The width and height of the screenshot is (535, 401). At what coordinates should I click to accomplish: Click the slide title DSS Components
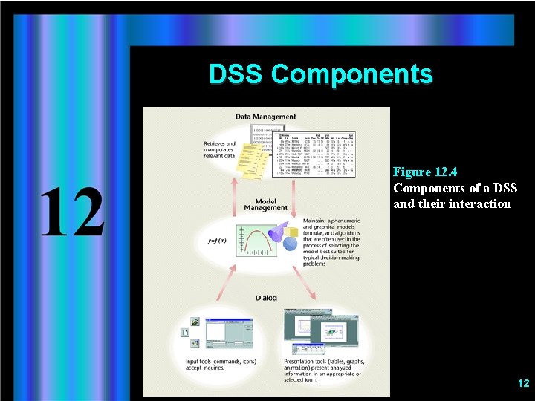(x=320, y=74)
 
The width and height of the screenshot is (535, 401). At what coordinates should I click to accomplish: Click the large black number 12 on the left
(x=72, y=212)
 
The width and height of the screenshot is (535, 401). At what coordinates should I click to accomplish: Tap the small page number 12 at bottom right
(x=523, y=383)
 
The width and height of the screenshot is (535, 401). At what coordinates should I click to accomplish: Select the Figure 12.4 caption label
(x=425, y=172)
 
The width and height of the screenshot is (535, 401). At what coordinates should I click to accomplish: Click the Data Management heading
(x=265, y=117)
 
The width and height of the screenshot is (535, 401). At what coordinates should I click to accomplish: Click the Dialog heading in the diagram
(x=266, y=298)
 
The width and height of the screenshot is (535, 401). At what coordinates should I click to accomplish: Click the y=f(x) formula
(x=217, y=241)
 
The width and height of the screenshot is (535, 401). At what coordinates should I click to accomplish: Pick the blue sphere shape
(x=291, y=243)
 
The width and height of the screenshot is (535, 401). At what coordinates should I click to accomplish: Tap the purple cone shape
(x=276, y=232)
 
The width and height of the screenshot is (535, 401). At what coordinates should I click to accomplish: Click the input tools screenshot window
(x=223, y=330)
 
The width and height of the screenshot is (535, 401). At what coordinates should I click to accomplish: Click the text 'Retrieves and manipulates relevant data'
(x=219, y=150)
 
